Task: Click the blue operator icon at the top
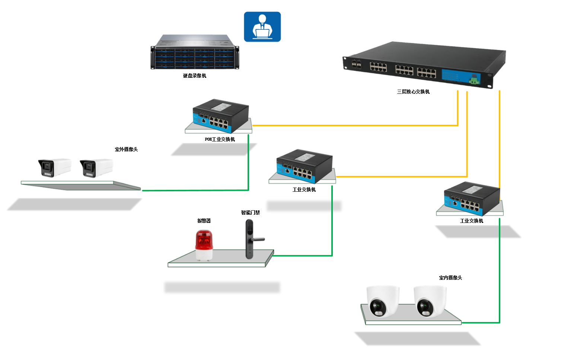tap(262, 27)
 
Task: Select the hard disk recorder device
tap(195, 52)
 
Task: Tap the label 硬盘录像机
tap(195, 76)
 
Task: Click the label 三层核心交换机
tap(413, 92)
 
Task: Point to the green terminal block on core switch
tap(474, 80)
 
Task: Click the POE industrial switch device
tap(220, 116)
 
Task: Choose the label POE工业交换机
tap(220, 140)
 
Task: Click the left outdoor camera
tap(54, 168)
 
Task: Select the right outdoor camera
tap(96, 168)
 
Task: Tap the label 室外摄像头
tap(126, 150)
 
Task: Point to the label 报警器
tap(204, 221)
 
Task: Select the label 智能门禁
tap(251, 213)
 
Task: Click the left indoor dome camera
tap(382, 301)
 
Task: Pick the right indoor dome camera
tap(430, 301)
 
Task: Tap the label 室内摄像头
tap(450, 278)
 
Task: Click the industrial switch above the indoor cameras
tap(472, 198)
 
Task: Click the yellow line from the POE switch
tap(354, 125)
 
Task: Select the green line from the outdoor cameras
tap(194, 190)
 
